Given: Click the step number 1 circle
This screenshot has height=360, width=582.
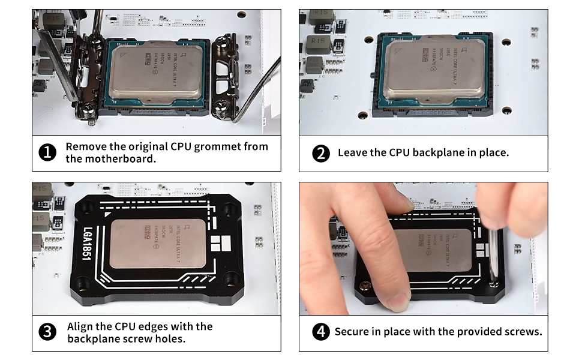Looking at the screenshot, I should coord(47,153).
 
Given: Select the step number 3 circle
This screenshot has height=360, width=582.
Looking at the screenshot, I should coord(47,332).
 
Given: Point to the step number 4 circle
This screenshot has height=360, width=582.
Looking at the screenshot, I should coord(321,332).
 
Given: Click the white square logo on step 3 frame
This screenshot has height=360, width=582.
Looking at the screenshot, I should coord(221,243).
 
